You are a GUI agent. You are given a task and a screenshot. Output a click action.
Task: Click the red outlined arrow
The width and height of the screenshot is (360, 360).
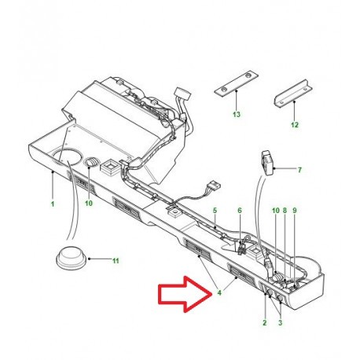[185, 294]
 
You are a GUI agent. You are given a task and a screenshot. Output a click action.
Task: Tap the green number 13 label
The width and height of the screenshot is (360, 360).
[237, 114]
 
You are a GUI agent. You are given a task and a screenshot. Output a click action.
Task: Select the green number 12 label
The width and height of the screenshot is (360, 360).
[295, 125]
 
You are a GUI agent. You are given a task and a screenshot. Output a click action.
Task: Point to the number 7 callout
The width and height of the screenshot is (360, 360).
[299, 170]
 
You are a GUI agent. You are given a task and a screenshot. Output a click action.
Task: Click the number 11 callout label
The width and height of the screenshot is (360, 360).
[116, 261]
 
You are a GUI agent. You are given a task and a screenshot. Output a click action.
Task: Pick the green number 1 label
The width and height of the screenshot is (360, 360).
[53, 204]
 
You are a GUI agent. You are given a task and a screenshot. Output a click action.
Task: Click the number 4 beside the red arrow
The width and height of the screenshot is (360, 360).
[219, 292]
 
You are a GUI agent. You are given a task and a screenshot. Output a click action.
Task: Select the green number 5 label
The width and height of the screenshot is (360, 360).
[215, 211]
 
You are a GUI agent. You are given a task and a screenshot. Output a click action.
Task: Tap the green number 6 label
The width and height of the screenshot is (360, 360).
[240, 211]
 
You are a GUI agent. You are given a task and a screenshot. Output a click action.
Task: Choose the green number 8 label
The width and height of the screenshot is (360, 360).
[285, 211]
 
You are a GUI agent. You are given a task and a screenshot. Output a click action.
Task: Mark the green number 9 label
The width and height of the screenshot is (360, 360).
[295, 211]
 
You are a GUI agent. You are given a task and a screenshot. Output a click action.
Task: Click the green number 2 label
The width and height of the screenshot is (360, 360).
[265, 322]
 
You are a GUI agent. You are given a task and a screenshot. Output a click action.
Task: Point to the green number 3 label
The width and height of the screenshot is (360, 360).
[280, 322]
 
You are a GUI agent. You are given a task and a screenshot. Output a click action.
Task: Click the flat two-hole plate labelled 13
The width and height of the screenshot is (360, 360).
[236, 83]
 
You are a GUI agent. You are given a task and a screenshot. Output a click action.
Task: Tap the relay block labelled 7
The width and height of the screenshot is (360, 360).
[267, 163]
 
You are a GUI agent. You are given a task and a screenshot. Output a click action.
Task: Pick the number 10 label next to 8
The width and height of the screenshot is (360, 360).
[276, 211]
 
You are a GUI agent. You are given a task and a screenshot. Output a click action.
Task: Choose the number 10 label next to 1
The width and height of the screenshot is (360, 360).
[89, 203]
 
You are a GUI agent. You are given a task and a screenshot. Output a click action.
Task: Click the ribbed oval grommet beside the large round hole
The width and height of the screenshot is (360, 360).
[91, 162]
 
